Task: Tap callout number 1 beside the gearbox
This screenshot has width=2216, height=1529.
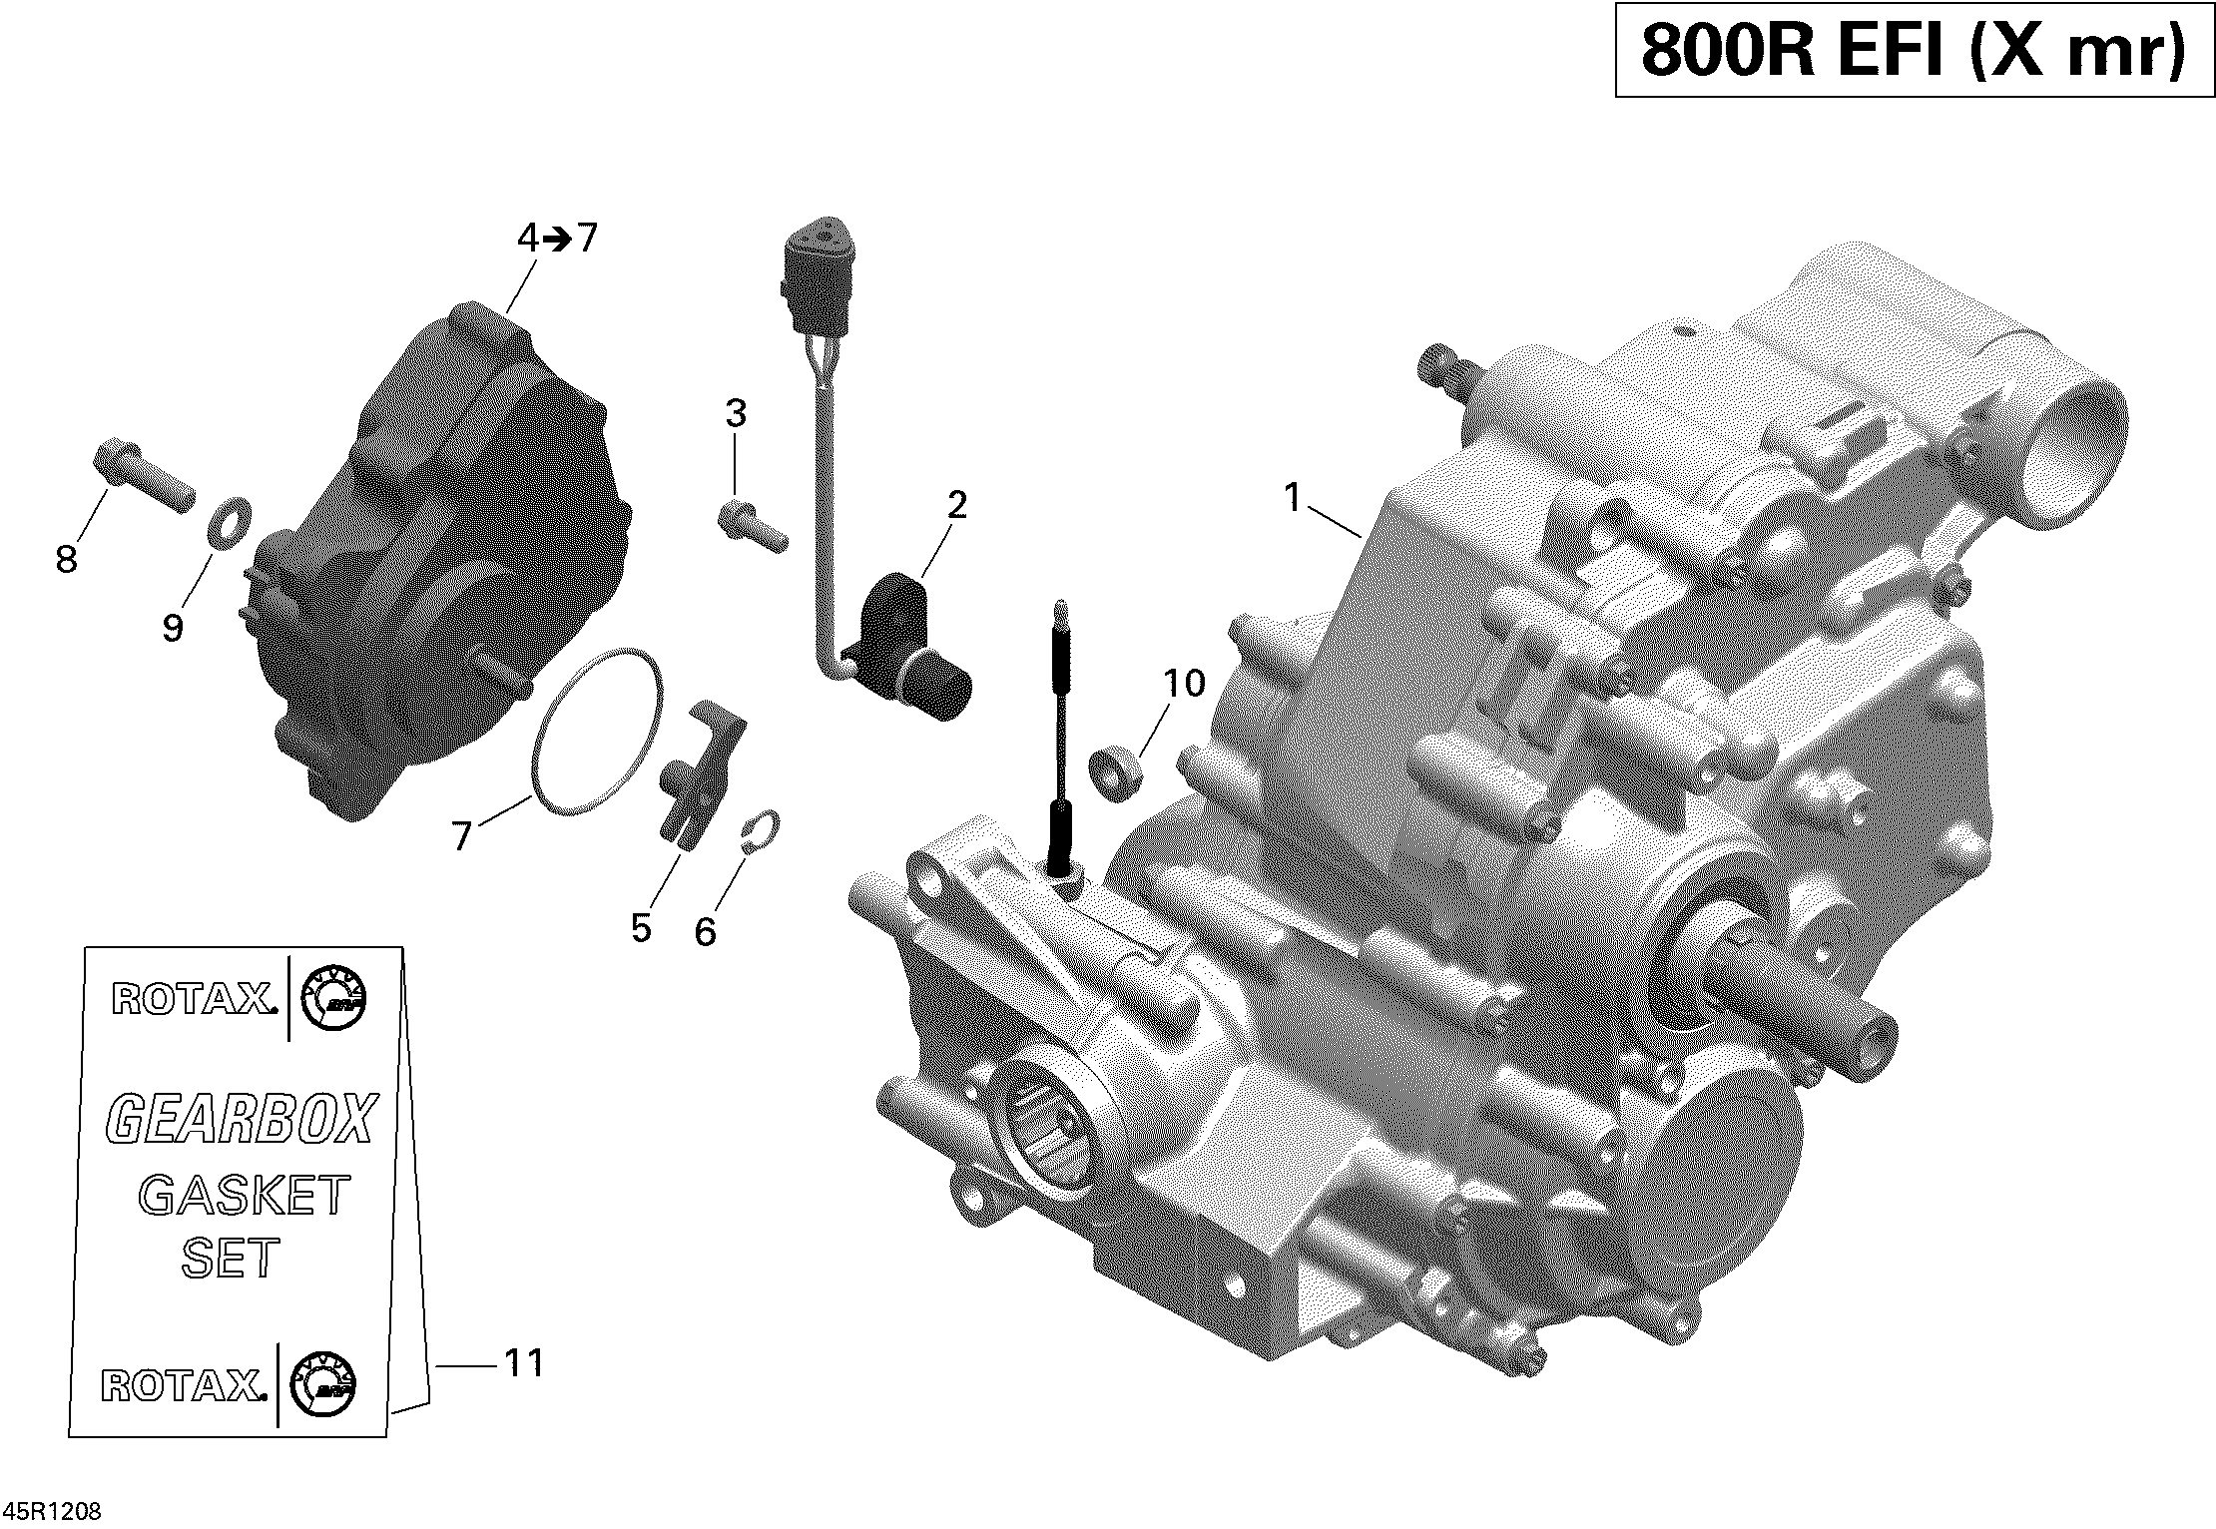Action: [1293, 497]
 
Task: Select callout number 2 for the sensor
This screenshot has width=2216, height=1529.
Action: [956, 505]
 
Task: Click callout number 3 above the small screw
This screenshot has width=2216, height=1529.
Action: [736, 412]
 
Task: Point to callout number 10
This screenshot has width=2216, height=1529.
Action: [1184, 685]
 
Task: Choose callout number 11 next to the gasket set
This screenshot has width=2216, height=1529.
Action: [523, 1362]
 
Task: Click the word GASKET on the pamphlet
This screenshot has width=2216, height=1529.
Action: [245, 1195]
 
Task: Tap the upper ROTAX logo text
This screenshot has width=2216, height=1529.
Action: [192, 999]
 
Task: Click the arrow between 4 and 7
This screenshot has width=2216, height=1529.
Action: [557, 239]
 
